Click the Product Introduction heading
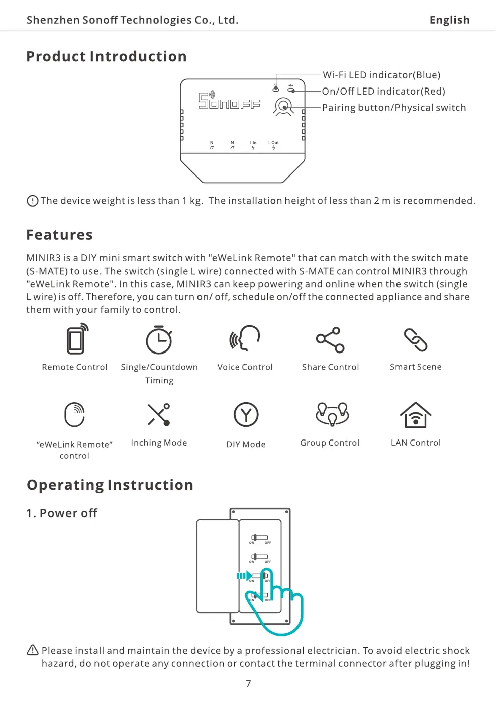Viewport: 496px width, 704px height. click(x=106, y=56)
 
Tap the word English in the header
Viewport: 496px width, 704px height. click(x=449, y=20)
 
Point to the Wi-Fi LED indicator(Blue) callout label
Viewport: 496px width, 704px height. click(x=381, y=75)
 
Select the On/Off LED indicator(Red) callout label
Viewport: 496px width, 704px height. click(x=383, y=91)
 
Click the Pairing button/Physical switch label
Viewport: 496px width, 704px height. click(x=393, y=108)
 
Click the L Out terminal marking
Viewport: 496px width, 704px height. click(x=273, y=145)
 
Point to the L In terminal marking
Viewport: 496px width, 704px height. click(x=253, y=145)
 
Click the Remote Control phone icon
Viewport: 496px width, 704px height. click(x=77, y=339)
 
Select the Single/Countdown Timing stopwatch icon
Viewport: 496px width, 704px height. click(x=159, y=340)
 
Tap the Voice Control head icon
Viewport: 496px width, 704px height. click(x=245, y=338)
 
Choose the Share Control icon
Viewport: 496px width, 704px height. click(x=330, y=340)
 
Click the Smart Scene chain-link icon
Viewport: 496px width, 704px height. click(x=416, y=340)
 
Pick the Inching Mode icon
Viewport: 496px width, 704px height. click(x=159, y=415)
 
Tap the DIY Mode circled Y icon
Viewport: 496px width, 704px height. click(x=246, y=415)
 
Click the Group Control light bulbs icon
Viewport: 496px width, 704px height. click(x=332, y=413)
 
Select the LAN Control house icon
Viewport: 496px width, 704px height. click(x=416, y=415)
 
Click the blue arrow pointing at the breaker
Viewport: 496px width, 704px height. click(x=244, y=576)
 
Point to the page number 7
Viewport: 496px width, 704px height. click(x=248, y=683)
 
